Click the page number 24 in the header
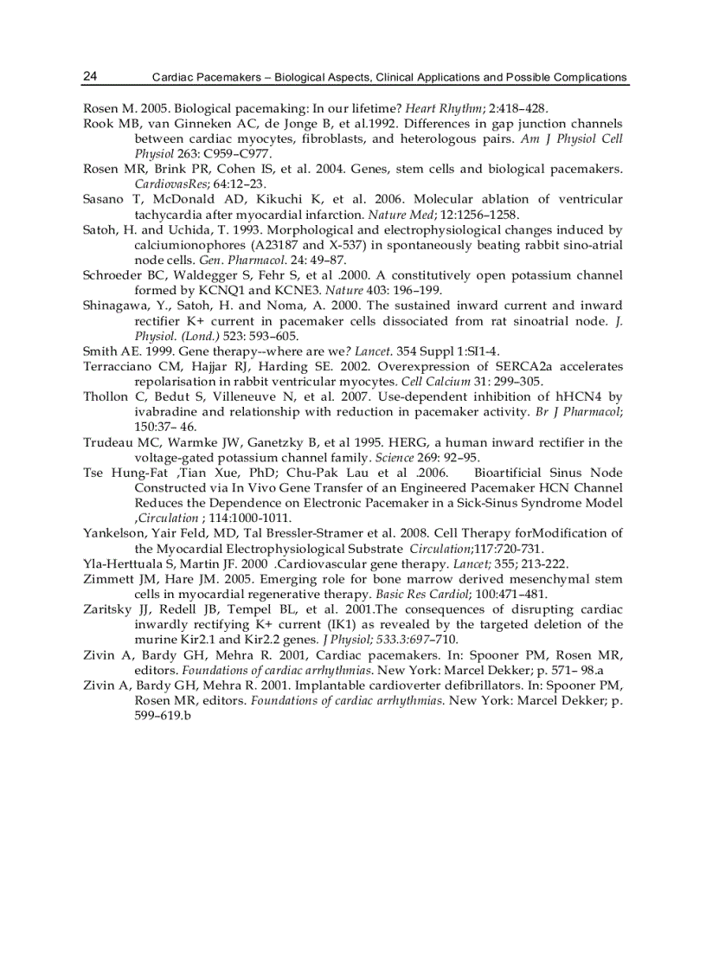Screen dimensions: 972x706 tap(90, 76)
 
